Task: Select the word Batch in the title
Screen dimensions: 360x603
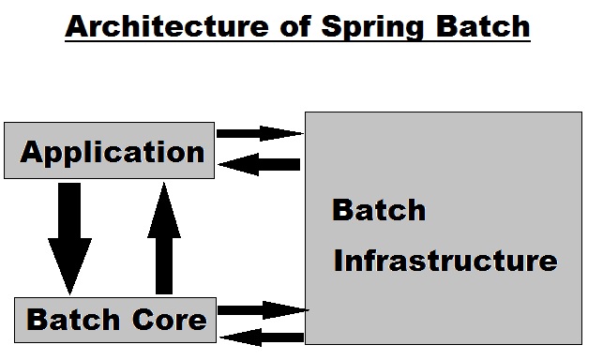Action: pos(483,27)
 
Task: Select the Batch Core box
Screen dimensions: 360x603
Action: pos(114,320)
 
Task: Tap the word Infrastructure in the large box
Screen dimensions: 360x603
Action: pos(445,259)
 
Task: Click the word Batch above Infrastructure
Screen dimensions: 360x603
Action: pos(379,209)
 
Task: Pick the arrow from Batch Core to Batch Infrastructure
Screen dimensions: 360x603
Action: pos(262,309)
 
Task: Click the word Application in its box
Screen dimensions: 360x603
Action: pos(113,151)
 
